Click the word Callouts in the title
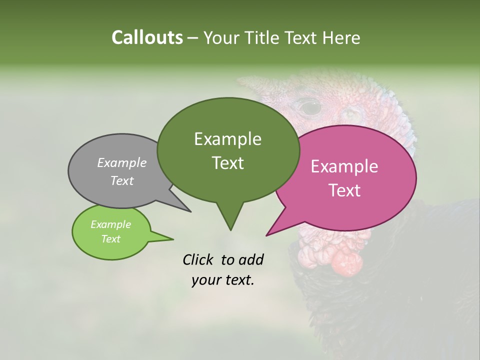(x=147, y=37)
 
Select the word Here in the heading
(x=341, y=37)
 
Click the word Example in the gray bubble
(x=122, y=162)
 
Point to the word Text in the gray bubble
(x=122, y=180)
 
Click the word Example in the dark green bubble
(x=227, y=139)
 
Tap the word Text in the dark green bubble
(x=227, y=163)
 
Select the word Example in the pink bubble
(x=344, y=166)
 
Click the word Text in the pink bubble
(x=344, y=190)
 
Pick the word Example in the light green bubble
(x=110, y=224)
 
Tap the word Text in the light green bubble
(x=110, y=239)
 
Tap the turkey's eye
(x=310, y=106)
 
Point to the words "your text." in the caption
(x=223, y=280)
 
